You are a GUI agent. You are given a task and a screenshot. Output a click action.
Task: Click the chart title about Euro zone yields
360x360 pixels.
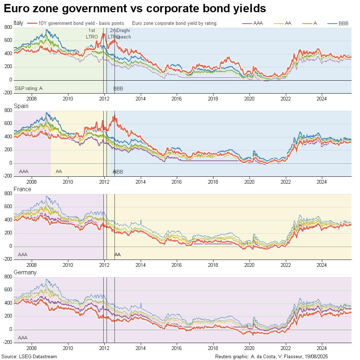(x=135, y=9)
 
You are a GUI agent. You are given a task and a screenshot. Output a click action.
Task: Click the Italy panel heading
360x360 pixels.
(x=18, y=23)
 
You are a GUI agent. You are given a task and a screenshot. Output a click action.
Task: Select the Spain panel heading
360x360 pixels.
(x=21, y=106)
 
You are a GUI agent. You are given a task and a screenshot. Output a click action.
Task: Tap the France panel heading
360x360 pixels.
(x=22, y=189)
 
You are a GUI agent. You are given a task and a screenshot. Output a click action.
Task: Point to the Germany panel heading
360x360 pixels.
(x=25, y=273)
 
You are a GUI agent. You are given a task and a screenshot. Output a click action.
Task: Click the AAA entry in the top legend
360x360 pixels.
(x=258, y=23)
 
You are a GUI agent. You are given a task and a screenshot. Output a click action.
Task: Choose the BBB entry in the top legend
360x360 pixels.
(x=343, y=23)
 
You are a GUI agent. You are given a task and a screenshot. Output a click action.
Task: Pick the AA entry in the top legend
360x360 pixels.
(x=288, y=23)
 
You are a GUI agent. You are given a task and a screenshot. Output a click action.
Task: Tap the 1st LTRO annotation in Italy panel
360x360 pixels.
(x=92, y=33)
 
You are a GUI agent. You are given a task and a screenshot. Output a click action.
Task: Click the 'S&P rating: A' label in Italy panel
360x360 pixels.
(x=28, y=88)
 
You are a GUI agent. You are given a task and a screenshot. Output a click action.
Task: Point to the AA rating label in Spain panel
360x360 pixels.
(x=59, y=172)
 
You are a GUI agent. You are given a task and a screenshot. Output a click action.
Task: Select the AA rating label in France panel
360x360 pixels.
(x=117, y=255)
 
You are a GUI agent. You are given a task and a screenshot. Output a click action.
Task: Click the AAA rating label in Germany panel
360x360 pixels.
(x=23, y=338)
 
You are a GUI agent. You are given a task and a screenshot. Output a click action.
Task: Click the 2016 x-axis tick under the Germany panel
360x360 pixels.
(x=177, y=347)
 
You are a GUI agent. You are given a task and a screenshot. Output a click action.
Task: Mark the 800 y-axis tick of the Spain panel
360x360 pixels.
(x=8, y=111)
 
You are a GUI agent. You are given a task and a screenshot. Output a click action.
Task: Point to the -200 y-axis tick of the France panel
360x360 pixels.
(x=7, y=260)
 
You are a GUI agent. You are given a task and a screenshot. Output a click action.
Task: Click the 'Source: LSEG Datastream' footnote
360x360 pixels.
(x=29, y=357)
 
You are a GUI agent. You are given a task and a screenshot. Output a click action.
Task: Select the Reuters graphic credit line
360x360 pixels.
(x=271, y=357)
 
